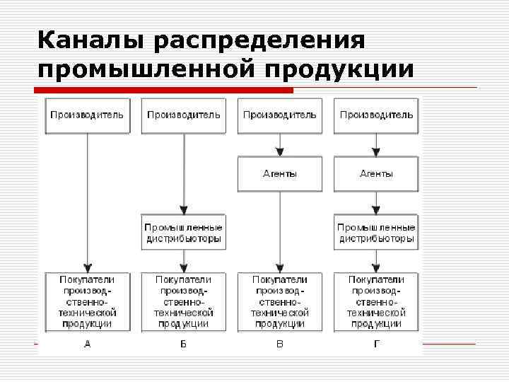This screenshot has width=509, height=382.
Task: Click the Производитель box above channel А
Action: [87, 115]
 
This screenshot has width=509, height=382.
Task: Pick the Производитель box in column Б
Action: [183, 115]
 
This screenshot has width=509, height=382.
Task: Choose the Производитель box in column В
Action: [280, 115]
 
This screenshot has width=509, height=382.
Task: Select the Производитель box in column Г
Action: [376, 115]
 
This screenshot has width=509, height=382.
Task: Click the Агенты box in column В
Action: [280, 174]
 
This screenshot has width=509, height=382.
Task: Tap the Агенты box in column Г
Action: [376, 174]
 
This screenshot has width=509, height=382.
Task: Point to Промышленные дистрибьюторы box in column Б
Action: [183, 233]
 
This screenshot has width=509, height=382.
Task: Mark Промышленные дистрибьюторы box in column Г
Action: [376, 233]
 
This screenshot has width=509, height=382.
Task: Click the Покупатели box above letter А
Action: [87, 301]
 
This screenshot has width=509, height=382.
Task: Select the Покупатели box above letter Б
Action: [183, 301]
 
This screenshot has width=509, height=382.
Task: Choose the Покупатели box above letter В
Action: [280, 301]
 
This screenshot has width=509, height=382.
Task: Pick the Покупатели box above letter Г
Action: [376, 301]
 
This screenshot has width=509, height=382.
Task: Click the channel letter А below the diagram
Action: [87, 345]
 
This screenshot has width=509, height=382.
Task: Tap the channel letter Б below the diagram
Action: [183, 345]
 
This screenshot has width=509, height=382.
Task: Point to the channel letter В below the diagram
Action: [280, 345]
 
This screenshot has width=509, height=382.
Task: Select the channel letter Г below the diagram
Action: [376, 345]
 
